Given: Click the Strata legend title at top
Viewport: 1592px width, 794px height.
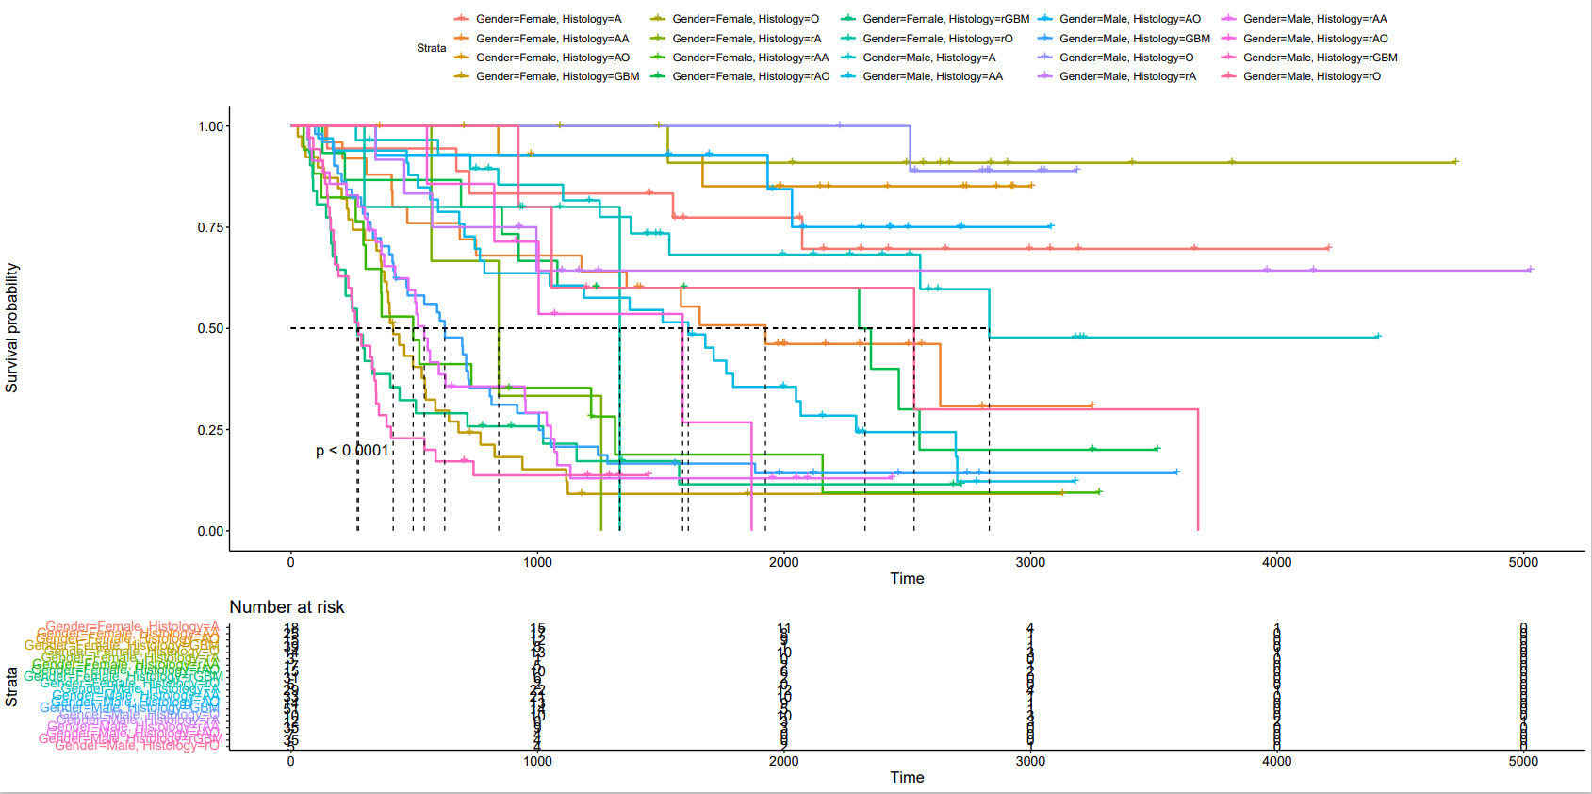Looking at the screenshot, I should (x=432, y=48).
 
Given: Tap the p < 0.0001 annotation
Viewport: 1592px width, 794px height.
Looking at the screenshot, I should (x=352, y=451).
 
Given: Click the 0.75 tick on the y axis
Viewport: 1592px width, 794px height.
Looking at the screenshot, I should (x=210, y=227).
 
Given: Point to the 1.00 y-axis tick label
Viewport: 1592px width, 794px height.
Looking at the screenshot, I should (x=210, y=126).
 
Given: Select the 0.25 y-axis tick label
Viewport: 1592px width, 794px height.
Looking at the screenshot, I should (x=210, y=430).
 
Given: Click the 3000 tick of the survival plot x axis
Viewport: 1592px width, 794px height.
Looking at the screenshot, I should (x=1030, y=562).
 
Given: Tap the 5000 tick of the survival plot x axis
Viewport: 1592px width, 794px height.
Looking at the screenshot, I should (x=1523, y=562).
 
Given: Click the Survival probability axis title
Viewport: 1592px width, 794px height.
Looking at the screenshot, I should (x=12, y=328).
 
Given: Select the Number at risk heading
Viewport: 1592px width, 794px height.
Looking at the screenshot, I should (x=287, y=607).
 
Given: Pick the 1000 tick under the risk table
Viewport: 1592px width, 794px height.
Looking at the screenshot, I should (x=537, y=761).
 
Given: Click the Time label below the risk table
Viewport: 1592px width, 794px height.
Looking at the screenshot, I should (x=907, y=777).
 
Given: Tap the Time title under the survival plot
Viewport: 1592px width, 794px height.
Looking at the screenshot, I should (x=907, y=578).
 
